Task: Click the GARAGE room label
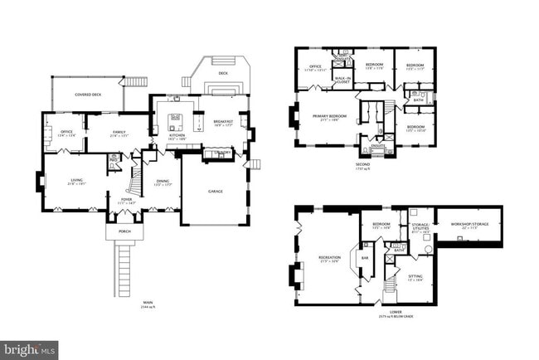214,191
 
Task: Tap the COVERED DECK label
88,95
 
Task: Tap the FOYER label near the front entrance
126,200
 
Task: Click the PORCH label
123,233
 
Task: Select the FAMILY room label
119,133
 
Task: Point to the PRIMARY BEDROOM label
328,117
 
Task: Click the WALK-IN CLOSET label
342,80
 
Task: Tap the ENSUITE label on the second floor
377,146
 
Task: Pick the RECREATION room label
329,257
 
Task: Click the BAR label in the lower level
364,258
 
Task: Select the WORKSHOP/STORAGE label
469,224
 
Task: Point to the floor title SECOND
361,164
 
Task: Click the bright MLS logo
29,350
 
